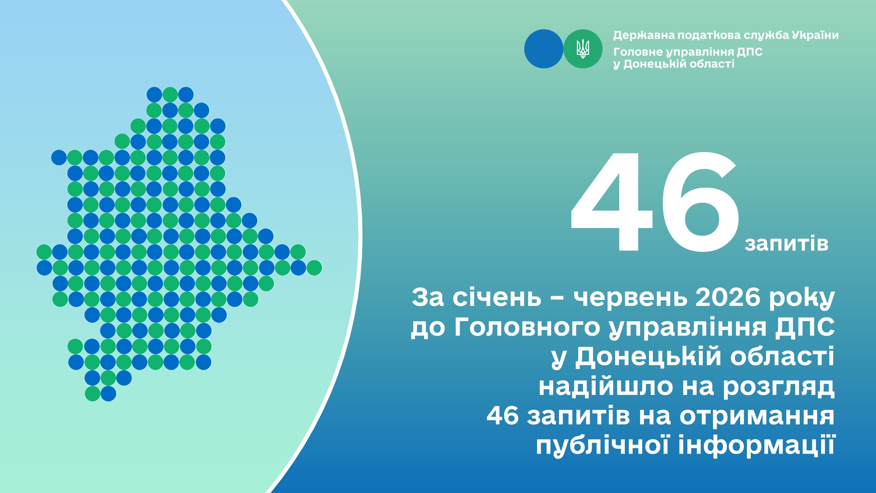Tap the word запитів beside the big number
point(786,244)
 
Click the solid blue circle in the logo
point(544,49)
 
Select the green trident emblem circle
point(583,49)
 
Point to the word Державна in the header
point(644,35)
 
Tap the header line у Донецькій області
point(674,64)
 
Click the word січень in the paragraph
point(497,297)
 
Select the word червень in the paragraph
point(631,297)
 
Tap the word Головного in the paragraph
point(527,327)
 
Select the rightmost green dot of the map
point(314,268)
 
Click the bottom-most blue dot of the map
point(108,394)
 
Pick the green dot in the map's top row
point(170,94)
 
